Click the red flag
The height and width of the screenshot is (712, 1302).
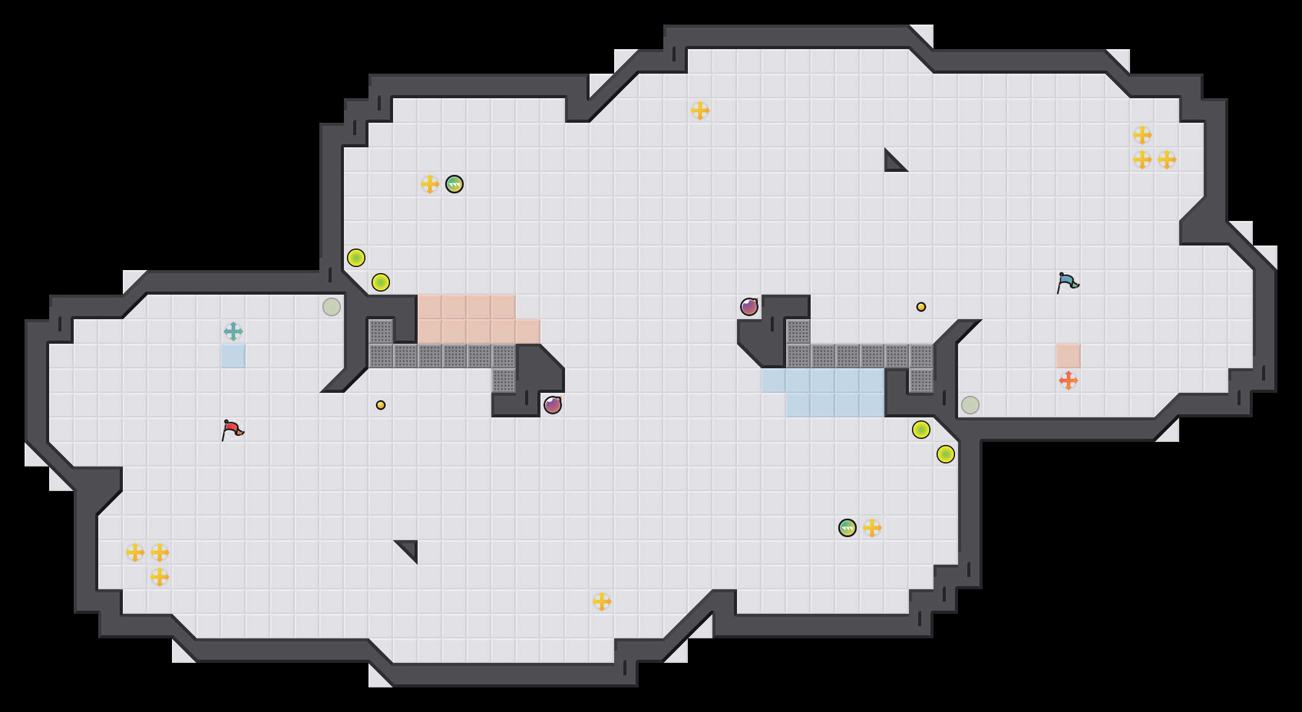pyautogui.click(x=232, y=430)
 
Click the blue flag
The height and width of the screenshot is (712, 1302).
pyautogui.click(x=1067, y=282)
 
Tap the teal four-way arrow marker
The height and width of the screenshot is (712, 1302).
pyautogui.click(x=233, y=331)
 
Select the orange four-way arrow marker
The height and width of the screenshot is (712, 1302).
pyautogui.click(x=1069, y=381)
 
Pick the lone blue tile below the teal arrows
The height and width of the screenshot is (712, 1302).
pyautogui.click(x=233, y=356)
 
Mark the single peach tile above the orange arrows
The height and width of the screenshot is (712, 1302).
pyautogui.click(x=1069, y=356)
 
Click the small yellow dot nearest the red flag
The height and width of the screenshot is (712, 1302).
pyautogui.click(x=381, y=405)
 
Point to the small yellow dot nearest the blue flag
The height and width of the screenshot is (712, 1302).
pyautogui.click(x=921, y=307)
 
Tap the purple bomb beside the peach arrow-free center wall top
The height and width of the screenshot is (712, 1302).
pyautogui.click(x=749, y=307)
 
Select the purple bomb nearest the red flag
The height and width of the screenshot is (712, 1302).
pyautogui.click(x=553, y=405)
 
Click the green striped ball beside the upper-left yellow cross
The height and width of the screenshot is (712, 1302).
pyautogui.click(x=454, y=184)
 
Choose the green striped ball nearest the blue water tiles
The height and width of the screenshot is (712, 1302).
pyautogui.click(x=848, y=528)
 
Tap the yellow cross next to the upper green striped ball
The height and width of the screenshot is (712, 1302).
pyautogui.click(x=430, y=184)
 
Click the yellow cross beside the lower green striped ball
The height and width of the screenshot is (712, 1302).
pyautogui.click(x=872, y=528)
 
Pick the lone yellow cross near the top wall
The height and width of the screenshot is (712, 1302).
pyautogui.click(x=700, y=110)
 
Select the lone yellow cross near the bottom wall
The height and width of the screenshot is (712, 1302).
pyautogui.click(x=602, y=602)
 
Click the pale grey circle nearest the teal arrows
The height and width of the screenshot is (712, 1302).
pyautogui.click(x=332, y=307)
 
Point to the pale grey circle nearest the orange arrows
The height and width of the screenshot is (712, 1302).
pyautogui.click(x=970, y=405)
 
